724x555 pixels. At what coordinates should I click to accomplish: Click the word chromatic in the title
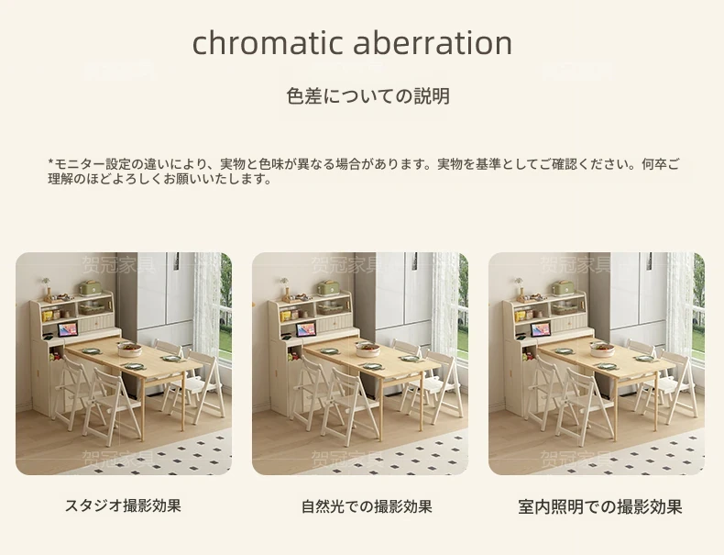[268, 42]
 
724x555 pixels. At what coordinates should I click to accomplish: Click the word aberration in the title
[433, 42]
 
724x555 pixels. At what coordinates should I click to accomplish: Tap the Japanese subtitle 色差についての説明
[367, 96]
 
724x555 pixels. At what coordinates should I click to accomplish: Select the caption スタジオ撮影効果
[123, 505]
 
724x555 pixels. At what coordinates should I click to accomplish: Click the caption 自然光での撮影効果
[367, 506]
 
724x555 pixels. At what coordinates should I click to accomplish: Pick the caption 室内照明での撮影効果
[599, 507]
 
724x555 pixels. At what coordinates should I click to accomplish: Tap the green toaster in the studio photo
[91, 287]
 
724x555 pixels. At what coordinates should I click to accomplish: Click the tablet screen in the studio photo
[68, 329]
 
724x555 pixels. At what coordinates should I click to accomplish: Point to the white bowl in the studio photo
[130, 350]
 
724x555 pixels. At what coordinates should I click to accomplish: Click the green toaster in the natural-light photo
[328, 287]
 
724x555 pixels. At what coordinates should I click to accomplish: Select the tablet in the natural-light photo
[306, 329]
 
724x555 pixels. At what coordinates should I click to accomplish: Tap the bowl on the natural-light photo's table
[367, 350]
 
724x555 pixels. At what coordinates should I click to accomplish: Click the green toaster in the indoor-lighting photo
[564, 287]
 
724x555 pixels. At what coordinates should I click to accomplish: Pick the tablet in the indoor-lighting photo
[541, 329]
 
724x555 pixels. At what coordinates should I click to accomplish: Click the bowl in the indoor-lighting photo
[602, 350]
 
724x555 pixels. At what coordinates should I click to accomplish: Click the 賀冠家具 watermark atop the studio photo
[117, 264]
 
